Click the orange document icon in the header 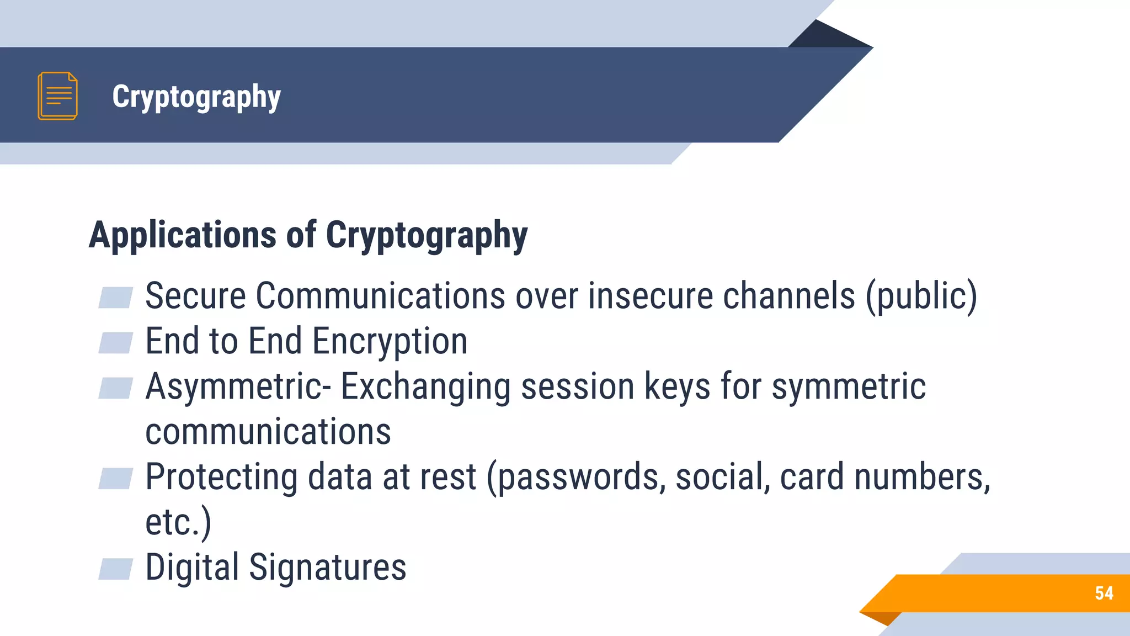click(57, 96)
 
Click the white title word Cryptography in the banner click(196, 97)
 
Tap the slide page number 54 click(1104, 593)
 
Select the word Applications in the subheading click(183, 235)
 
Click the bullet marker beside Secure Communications click(115, 298)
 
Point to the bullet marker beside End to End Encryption click(115, 343)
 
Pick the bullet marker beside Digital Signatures click(115, 569)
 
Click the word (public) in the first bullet click(921, 296)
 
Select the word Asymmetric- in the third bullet click(238, 386)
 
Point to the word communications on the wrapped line click(268, 432)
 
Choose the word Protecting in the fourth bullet click(221, 477)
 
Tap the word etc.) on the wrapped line click(178, 522)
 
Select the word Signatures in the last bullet click(328, 568)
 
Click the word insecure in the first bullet click(650, 296)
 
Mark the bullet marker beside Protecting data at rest click(115, 479)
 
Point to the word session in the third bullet click(578, 386)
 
